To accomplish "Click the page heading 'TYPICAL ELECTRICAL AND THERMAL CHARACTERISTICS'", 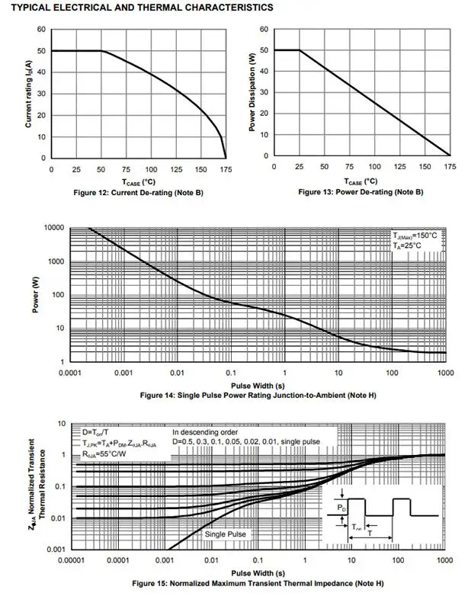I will (x=137, y=8).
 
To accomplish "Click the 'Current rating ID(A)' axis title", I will (x=29, y=94).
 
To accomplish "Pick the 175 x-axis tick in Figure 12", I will (x=224, y=169).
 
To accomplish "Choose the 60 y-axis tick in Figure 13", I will (x=263, y=30).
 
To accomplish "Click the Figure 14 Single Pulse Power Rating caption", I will (x=258, y=396).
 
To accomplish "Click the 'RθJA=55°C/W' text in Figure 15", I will (x=105, y=453).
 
